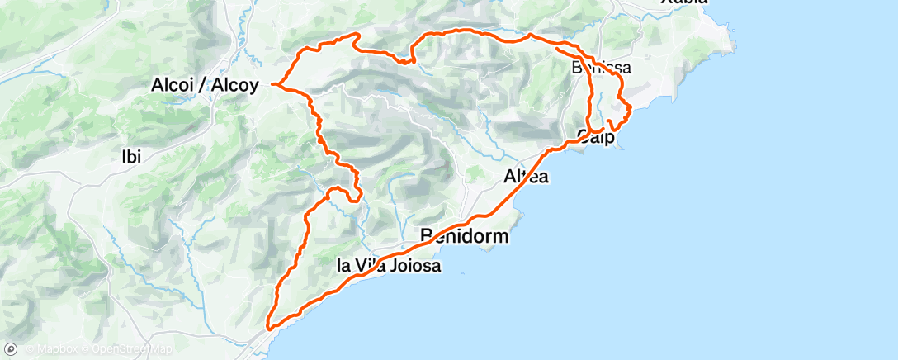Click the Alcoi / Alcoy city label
tap(206, 84)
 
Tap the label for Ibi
tap(132, 157)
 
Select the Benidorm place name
tap(465, 236)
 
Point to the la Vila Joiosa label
tap(390, 266)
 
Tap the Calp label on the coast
tap(596, 138)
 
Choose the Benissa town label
tap(602, 68)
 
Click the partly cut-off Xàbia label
tap(684, 2)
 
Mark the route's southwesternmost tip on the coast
tap(268, 331)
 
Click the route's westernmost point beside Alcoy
tap(272, 84)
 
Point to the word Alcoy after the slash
tap(238, 84)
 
